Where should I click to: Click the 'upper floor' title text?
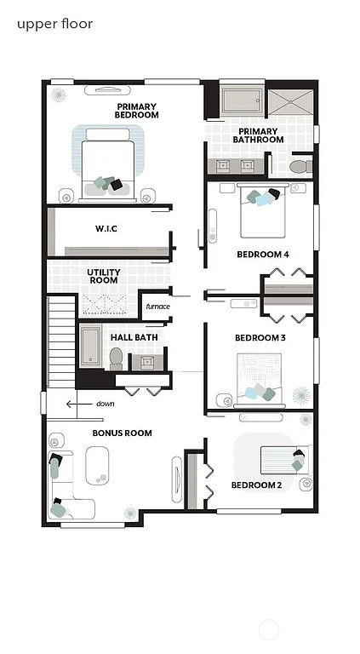[54, 24]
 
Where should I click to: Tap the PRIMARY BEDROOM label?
[137, 110]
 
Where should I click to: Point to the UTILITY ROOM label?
[103, 276]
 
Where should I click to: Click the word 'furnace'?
[157, 307]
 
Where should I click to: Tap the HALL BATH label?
[134, 337]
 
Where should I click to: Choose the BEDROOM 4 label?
[262, 254]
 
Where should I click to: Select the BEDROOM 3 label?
[260, 338]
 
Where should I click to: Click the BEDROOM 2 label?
[256, 486]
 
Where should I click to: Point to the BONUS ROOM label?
[123, 433]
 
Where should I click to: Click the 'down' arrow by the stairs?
[82, 404]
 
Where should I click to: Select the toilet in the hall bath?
[116, 359]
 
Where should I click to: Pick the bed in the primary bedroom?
[107, 163]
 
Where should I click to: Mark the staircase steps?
[60, 341]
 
